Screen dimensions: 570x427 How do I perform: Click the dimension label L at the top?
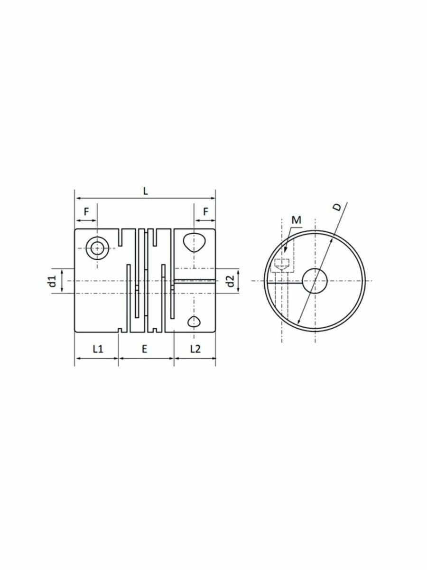[x=146, y=191]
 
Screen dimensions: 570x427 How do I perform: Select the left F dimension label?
[x=86, y=212]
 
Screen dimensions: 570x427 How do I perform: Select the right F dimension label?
[x=205, y=212]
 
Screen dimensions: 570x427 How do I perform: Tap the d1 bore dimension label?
[x=52, y=280]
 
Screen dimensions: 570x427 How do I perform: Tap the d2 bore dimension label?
[x=230, y=280]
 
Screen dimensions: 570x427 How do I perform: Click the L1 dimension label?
[x=97, y=349]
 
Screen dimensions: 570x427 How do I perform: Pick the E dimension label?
[x=145, y=349]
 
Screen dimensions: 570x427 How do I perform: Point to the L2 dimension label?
[x=195, y=349]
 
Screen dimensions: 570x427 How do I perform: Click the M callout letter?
[x=297, y=220]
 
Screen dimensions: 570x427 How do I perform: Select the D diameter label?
[x=337, y=207]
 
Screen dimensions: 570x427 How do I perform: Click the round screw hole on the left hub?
[x=98, y=247]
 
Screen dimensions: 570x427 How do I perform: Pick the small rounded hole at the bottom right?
[x=194, y=322]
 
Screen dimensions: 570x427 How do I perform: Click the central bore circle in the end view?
[x=315, y=280]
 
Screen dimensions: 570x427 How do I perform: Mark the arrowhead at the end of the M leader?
[x=284, y=252]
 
